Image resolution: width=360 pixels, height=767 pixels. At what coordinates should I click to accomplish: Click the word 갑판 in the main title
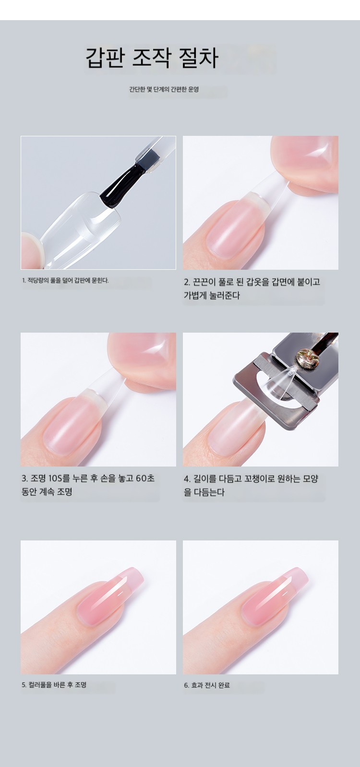point(105,58)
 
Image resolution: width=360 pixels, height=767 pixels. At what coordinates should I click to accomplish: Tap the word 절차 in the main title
point(199,58)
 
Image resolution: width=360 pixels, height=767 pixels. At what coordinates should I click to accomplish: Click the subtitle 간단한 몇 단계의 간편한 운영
point(164,89)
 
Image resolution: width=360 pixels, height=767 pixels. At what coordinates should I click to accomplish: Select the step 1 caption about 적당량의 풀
point(65,280)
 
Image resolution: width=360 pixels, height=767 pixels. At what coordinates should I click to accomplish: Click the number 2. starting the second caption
point(187,282)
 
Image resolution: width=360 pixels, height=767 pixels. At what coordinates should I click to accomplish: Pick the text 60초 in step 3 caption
point(145,478)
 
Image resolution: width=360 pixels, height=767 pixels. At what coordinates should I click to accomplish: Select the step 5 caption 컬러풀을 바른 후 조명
point(54,685)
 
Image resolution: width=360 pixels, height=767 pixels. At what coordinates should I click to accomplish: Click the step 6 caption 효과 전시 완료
point(207,685)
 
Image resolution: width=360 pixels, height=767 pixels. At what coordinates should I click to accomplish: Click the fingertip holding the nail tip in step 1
point(32,251)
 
